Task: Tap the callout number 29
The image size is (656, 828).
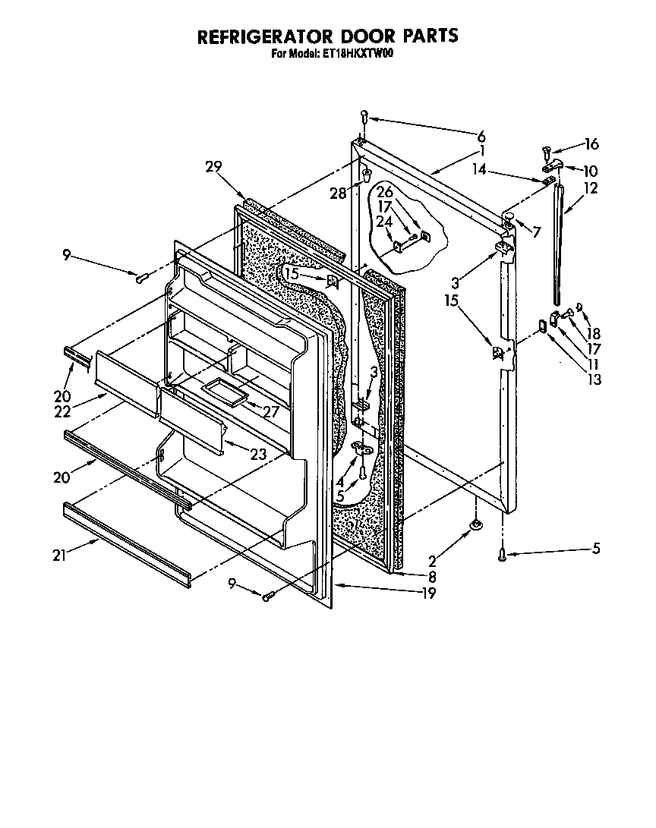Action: pyautogui.click(x=213, y=168)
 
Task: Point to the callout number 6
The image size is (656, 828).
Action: pyautogui.click(x=481, y=137)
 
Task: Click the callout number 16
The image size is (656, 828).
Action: pyautogui.click(x=591, y=143)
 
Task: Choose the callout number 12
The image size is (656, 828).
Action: pyautogui.click(x=591, y=188)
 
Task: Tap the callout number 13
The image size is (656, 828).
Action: pyautogui.click(x=594, y=379)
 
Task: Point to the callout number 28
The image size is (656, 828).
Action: pyautogui.click(x=338, y=194)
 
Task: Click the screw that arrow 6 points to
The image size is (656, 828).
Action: pyautogui.click(x=364, y=118)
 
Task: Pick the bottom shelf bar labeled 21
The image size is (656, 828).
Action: pyautogui.click(x=125, y=542)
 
